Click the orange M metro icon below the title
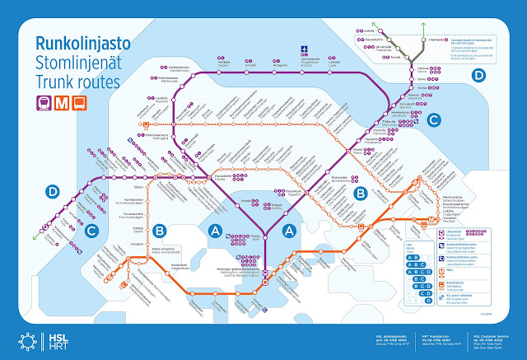[58, 103]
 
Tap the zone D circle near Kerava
[479, 76]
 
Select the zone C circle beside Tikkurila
[433, 120]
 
